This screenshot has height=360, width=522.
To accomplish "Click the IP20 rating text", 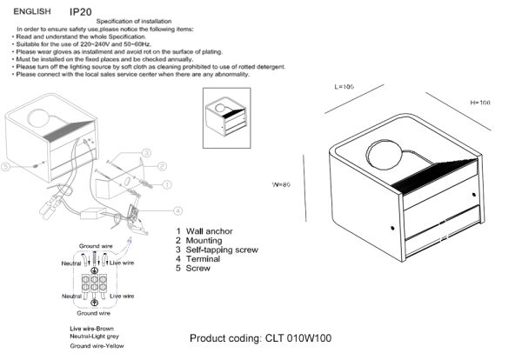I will coord(81,12).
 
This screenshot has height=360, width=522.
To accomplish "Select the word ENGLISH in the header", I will coord(30,13).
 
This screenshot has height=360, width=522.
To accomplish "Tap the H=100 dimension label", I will coord(480,103).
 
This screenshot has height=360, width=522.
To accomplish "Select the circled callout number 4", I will coord(177,210).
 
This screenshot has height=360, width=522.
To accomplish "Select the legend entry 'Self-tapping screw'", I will coord(222,250).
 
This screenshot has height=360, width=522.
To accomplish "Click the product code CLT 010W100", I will coord(260,337).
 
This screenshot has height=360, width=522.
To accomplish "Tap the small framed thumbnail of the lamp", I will coord(226,113).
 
